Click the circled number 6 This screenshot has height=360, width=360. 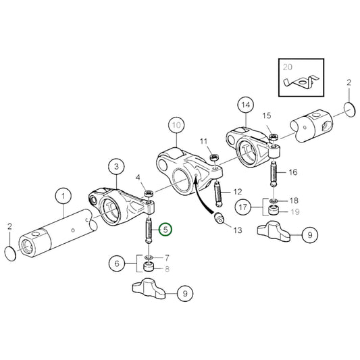coord(116,264)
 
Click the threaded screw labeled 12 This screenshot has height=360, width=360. coord(218,195)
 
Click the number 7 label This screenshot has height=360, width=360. coord(166,258)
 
